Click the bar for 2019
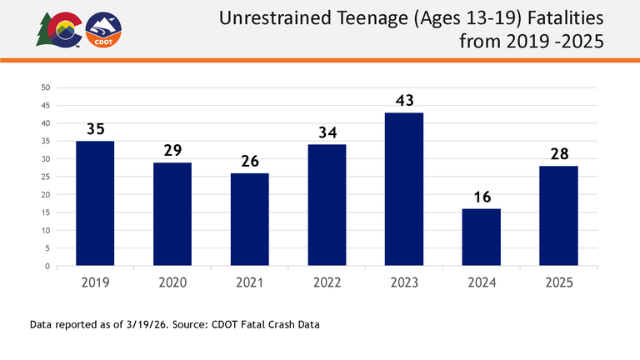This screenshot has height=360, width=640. point(95,203)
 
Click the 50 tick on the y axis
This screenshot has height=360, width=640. point(46,87)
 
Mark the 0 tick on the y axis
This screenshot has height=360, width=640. point(48,267)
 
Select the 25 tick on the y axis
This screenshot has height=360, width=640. point(46,177)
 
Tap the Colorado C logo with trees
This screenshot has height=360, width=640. point(57,30)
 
